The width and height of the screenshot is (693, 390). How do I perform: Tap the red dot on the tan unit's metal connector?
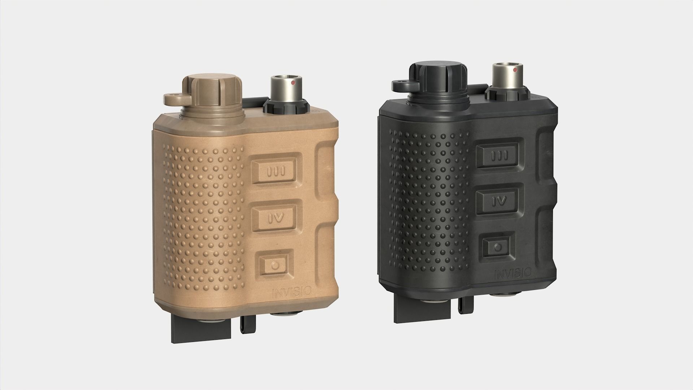(293, 83)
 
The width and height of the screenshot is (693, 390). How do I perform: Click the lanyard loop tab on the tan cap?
(173, 98)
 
